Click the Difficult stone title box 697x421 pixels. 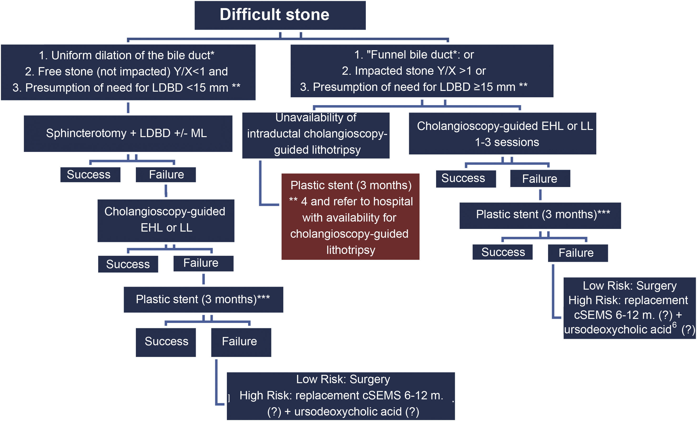pos(280,15)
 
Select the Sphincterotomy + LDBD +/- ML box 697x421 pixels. pos(128,133)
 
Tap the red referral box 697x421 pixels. pos(350,216)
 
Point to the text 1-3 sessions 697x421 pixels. pos(507,142)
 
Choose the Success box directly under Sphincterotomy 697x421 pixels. pos(90,175)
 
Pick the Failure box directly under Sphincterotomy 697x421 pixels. pos(166,175)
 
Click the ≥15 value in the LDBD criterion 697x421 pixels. pos(487,87)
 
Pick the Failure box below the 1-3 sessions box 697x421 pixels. pos(540,178)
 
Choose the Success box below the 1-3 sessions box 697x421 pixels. pos(466,178)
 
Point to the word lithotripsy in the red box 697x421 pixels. pos(351,250)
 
